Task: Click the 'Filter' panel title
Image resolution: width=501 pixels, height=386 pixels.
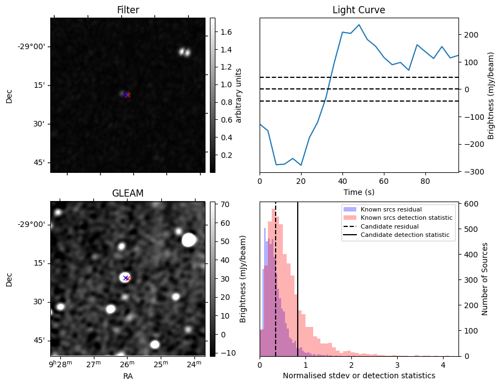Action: point(128,10)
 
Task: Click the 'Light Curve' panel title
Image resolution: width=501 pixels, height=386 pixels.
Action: point(358,10)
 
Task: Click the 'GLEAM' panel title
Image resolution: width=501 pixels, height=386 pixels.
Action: point(128,193)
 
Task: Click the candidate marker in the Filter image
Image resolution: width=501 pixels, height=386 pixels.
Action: point(127,95)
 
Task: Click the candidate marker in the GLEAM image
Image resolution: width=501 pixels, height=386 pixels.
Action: point(126,278)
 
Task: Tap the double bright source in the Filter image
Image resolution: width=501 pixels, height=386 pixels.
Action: point(184,52)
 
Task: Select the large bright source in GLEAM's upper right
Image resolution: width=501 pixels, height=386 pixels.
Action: point(189,240)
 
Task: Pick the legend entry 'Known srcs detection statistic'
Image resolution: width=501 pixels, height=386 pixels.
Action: point(407,218)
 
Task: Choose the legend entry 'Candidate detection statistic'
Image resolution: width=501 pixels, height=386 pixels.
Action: point(404,235)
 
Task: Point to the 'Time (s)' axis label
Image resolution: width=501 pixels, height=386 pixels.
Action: point(358,192)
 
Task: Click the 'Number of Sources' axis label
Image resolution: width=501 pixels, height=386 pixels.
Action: point(484,278)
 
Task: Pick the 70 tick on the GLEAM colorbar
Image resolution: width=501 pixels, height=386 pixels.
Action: point(225,204)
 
